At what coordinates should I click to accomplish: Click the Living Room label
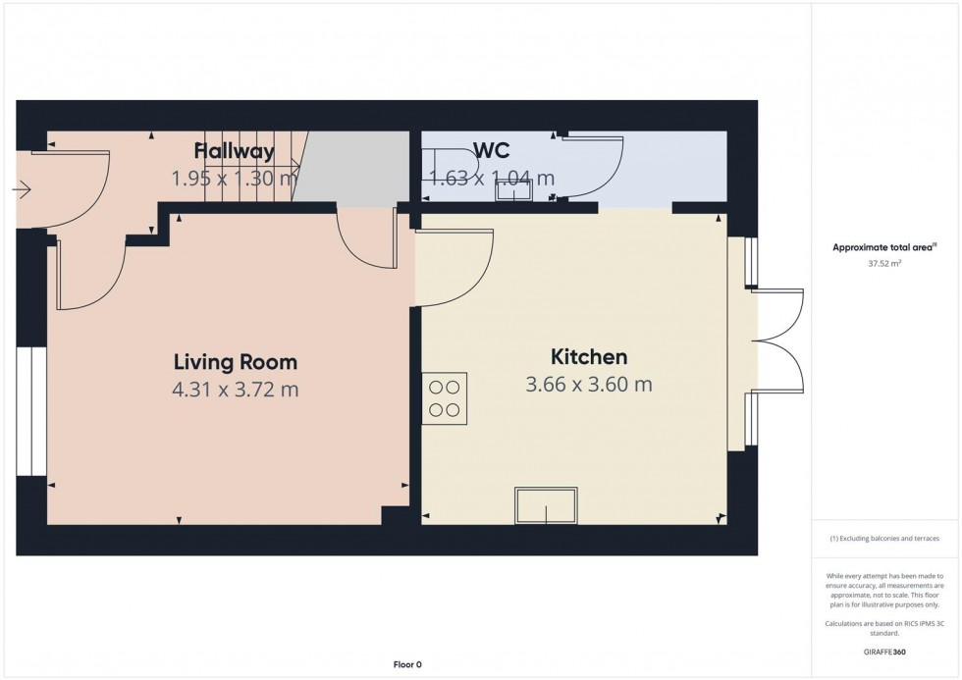[x=236, y=362]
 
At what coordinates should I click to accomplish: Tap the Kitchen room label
[x=589, y=357]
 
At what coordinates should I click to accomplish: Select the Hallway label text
[x=235, y=151]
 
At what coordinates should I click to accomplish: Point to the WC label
[x=492, y=151]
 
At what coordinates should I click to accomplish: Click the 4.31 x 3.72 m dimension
[x=236, y=390]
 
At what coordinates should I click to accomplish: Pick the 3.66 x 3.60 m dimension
[x=589, y=385]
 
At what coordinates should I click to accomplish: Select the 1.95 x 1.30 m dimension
[x=235, y=179]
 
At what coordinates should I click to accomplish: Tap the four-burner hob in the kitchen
[x=444, y=398]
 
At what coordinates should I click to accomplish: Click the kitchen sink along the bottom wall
[x=546, y=506]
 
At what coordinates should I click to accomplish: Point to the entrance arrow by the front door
[x=22, y=190]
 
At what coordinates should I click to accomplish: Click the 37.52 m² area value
[x=884, y=264]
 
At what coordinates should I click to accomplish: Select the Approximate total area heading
[x=884, y=247]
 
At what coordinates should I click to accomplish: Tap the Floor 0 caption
[x=407, y=664]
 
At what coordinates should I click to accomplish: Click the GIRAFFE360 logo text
[x=884, y=652]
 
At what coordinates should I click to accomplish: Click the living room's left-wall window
[x=31, y=411]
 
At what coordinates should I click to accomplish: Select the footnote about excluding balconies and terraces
[x=884, y=539]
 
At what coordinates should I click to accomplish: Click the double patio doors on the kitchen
[x=777, y=340]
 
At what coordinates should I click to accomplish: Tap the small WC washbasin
[x=514, y=192]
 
